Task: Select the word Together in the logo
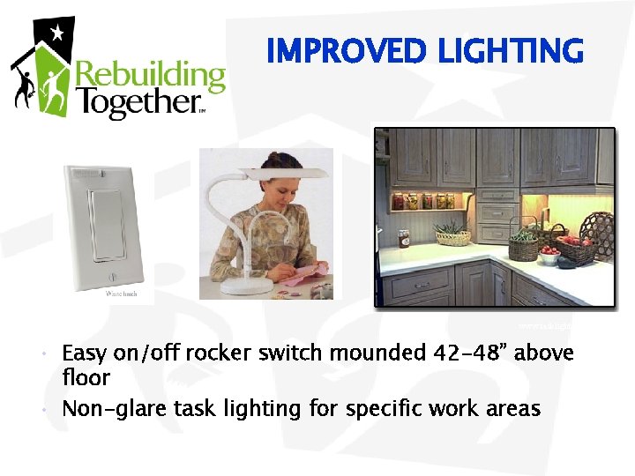click(x=136, y=103)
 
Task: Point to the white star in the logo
click(x=57, y=33)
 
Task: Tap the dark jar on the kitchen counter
click(x=405, y=238)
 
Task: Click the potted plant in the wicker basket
click(x=452, y=233)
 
